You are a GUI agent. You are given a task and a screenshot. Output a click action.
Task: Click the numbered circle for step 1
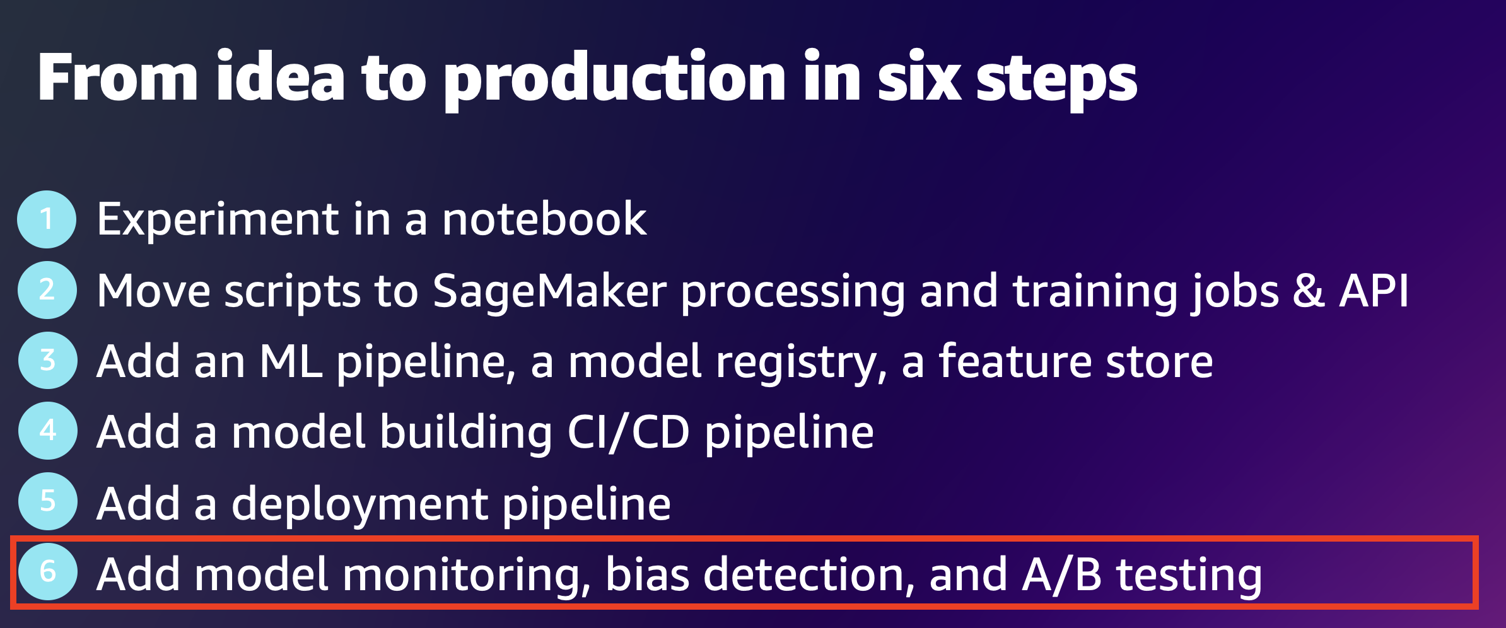(47, 219)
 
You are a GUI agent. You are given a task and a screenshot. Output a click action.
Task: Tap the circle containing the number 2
(47, 290)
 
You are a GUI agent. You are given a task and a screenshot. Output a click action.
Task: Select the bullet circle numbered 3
(48, 361)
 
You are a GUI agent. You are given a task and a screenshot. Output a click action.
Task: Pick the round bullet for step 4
(48, 431)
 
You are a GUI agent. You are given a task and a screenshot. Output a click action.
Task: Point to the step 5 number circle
(48, 502)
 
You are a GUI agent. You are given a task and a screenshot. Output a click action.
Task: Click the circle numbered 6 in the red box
(48, 572)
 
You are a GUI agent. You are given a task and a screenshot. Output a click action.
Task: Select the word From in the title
(118, 77)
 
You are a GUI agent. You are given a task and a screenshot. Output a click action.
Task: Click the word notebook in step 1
(544, 219)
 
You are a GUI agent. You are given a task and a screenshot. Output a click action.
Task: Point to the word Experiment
(218, 221)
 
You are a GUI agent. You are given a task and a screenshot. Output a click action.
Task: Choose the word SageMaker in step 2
(549, 291)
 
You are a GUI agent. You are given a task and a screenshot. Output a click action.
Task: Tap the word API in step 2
(1374, 291)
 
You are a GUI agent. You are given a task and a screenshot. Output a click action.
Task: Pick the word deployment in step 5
(360, 504)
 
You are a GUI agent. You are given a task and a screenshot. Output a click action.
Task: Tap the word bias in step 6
(647, 574)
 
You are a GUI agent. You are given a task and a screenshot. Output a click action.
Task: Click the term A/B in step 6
(1061, 574)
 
